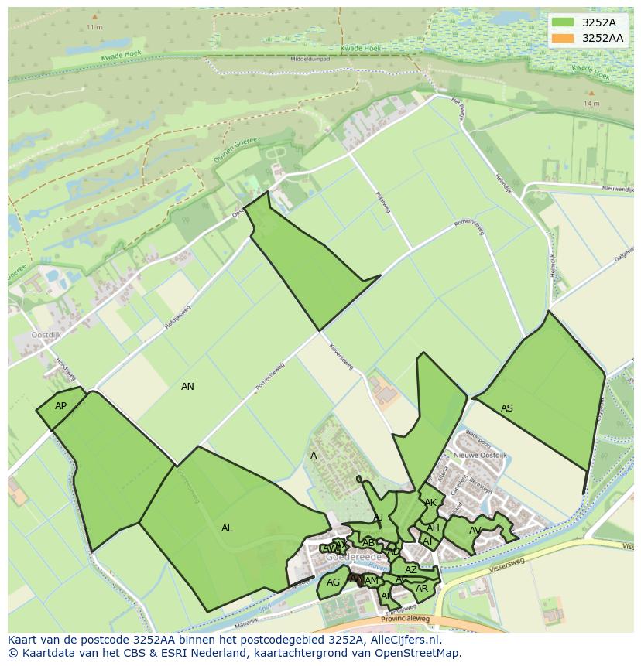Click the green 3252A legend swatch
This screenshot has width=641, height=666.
point(564,22)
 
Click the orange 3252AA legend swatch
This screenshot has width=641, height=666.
point(564,38)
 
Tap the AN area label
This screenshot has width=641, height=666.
point(187,387)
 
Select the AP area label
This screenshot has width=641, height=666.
point(60,406)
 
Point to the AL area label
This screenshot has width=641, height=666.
point(227,528)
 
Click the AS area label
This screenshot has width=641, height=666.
point(507,408)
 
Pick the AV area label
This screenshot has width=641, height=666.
point(475,531)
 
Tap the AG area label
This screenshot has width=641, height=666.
point(333,582)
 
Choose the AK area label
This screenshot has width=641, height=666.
point(430,503)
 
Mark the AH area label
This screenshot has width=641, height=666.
point(433,528)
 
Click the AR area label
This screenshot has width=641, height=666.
point(422,589)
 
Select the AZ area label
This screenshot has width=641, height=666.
point(411,570)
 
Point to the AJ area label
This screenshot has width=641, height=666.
point(379,517)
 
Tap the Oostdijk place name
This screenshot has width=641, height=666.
point(46,335)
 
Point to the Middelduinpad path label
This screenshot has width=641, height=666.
point(310,59)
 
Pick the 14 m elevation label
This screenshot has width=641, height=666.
point(591,103)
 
